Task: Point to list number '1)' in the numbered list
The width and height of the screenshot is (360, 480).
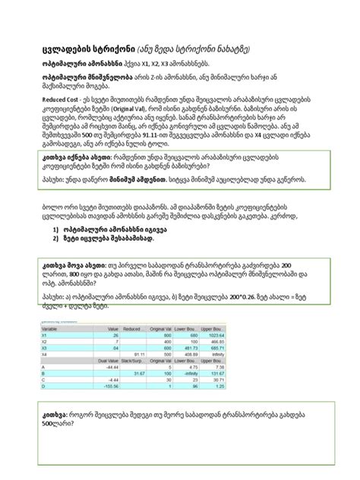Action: [57, 248]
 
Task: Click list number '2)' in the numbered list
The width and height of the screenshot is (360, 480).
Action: [57, 259]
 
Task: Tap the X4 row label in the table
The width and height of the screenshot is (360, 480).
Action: [44, 353]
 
